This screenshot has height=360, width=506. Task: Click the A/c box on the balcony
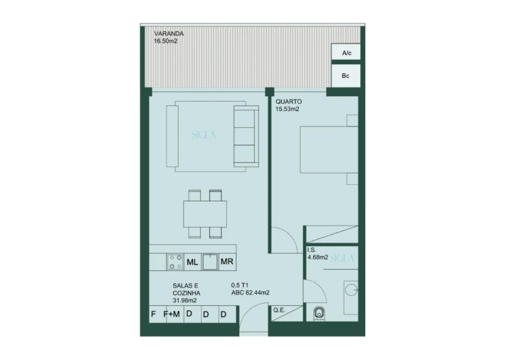[347, 53]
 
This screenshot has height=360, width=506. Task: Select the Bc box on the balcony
[347, 75]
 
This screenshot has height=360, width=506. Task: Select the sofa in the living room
[246, 135]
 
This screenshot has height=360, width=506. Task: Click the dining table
[205, 213]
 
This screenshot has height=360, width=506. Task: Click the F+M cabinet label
[172, 314]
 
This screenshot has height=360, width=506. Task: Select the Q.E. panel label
[280, 309]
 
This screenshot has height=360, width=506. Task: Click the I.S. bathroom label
[312, 250]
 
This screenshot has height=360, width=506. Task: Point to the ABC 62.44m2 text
[251, 292]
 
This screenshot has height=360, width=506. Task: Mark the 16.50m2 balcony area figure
[166, 41]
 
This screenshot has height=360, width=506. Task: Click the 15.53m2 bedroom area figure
[288, 110]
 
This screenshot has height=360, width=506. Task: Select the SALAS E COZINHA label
[186, 289]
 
